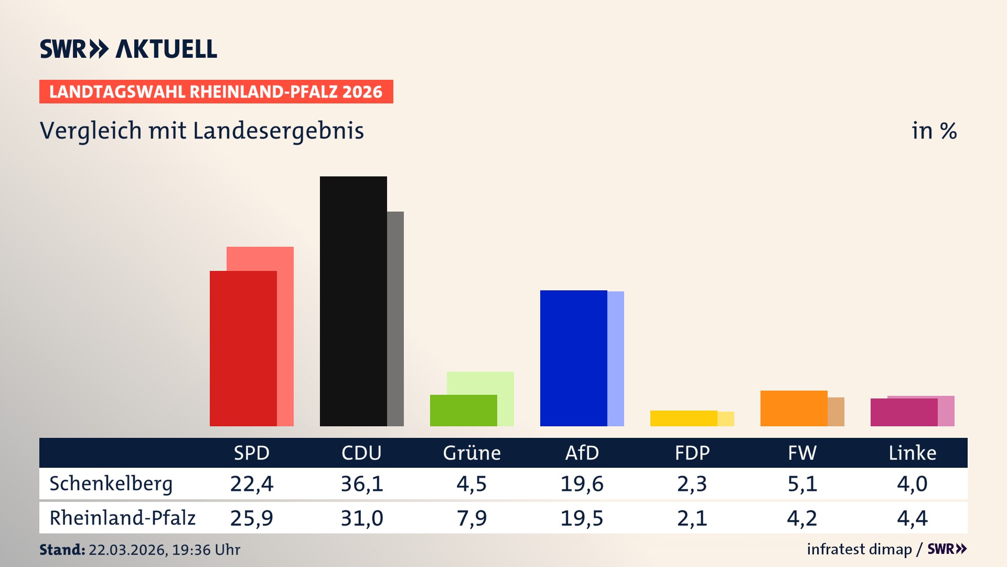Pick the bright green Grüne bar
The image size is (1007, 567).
463,410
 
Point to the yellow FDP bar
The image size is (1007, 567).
683,418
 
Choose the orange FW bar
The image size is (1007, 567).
794,408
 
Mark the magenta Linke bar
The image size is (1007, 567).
904,412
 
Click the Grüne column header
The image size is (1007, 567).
472,453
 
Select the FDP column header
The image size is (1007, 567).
692,453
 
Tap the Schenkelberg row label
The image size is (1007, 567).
111,484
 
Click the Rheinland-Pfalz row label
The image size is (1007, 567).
122,518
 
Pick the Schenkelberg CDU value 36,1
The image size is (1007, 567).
362,484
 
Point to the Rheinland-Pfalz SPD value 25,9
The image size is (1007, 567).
252,518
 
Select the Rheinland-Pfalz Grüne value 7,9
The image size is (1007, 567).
472,518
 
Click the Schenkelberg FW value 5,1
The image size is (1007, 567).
802,484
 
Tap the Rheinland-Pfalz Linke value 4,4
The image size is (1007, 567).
912,518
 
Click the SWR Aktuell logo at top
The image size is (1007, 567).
128,49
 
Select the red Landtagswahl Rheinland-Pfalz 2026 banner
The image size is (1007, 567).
216,92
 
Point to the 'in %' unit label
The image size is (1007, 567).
934,131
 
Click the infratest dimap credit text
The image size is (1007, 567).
859,549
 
